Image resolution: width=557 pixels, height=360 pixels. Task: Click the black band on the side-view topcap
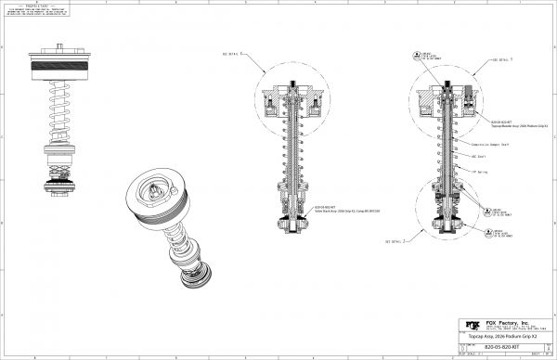(x=62, y=67)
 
